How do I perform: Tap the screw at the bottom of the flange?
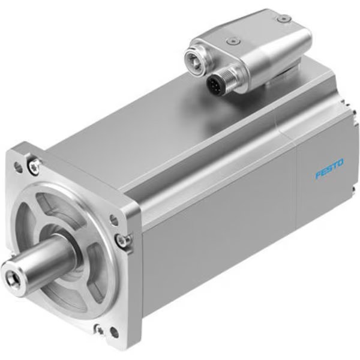pyautogui.click(x=97, y=329)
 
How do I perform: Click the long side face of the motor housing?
pyautogui.click(x=216, y=240)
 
